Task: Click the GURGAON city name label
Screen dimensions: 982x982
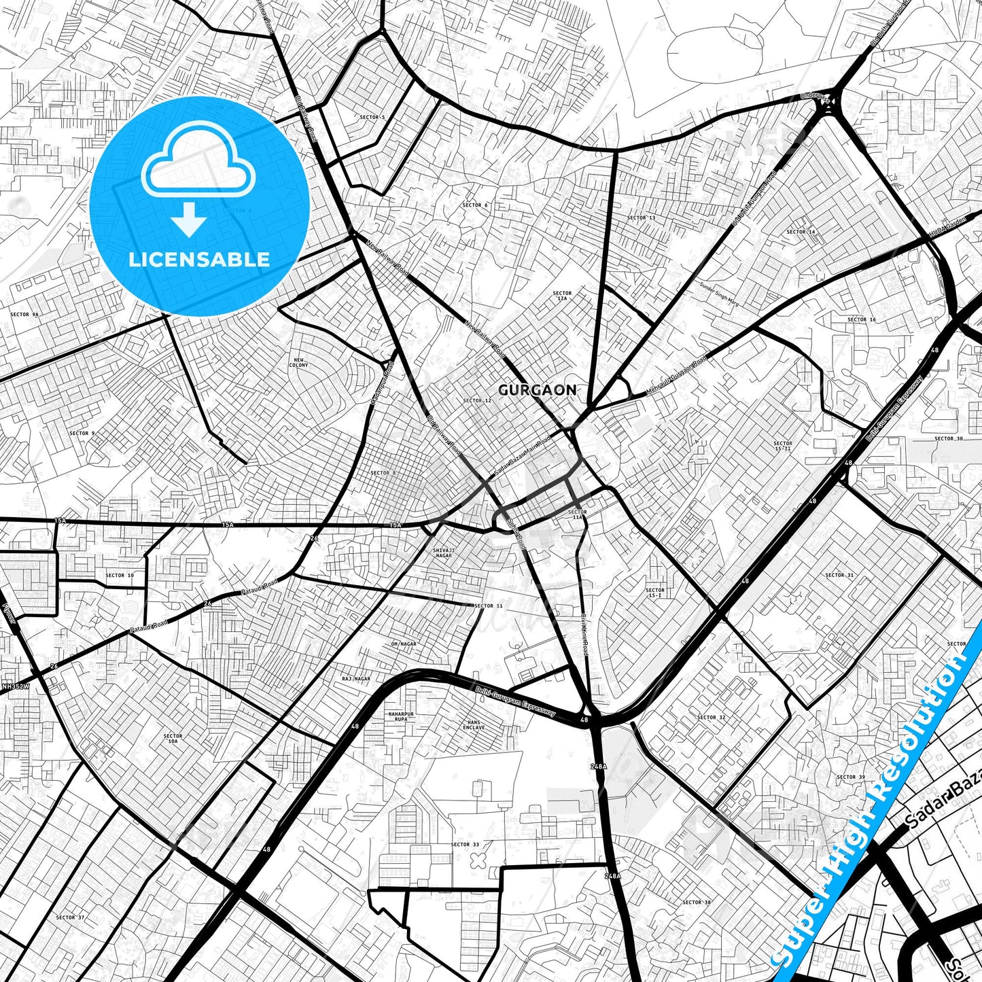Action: tap(537, 390)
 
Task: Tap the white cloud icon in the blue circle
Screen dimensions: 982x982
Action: tap(198, 160)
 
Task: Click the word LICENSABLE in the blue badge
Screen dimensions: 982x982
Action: tap(199, 260)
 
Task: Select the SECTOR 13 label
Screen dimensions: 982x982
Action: tap(641, 218)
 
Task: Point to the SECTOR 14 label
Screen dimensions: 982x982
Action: tap(801, 232)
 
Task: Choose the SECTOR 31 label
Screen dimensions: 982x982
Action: tap(839, 575)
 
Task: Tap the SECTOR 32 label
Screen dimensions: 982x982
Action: tap(711, 717)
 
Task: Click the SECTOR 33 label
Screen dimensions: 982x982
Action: tap(465, 845)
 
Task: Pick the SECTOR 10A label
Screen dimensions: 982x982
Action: tap(173, 739)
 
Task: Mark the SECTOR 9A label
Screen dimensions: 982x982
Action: tap(24, 315)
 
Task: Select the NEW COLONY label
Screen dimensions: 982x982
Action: tap(298, 362)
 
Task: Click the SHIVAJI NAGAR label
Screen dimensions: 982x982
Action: tap(442, 553)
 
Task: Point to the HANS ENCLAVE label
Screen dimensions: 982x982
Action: tap(474, 724)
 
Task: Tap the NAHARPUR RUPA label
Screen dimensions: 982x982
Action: tap(400, 716)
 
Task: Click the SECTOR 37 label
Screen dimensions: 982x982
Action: tap(70, 917)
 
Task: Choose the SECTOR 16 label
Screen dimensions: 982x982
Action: tap(862, 319)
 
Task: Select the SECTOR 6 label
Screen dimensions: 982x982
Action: tap(475, 205)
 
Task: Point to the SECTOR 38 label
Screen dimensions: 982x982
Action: tap(696, 902)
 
